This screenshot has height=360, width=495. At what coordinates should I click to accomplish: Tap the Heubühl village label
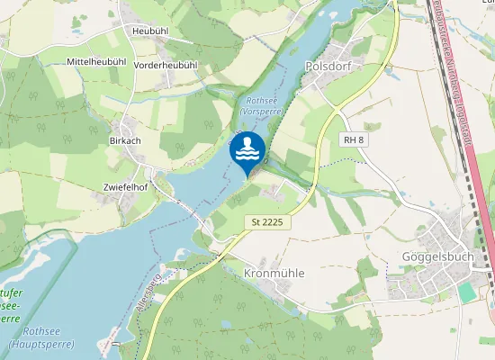[x=150, y=31]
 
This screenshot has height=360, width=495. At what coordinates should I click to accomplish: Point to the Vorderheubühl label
[x=165, y=66]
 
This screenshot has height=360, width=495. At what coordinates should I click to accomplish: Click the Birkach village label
[x=124, y=141]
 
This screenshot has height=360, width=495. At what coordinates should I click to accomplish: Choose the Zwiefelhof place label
[x=125, y=187]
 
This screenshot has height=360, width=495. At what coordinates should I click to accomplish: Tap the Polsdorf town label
[x=327, y=67]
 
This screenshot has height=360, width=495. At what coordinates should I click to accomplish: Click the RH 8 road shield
[x=354, y=139]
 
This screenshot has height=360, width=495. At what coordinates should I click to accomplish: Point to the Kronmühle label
[x=274, y=273]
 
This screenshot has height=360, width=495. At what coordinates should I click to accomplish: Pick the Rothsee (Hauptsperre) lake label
[x=33, y=337]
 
